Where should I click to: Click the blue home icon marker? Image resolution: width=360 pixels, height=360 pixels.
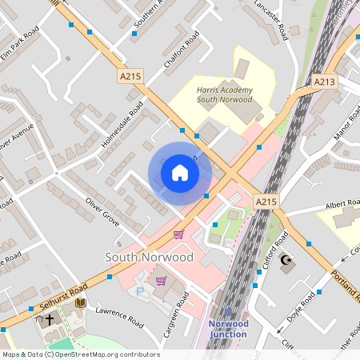click(180, 173)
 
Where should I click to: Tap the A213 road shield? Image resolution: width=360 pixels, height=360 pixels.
click(325, 82)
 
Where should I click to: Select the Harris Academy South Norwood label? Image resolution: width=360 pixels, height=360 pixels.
click(225, 95)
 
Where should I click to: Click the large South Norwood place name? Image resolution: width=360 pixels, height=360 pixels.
click(150, 258)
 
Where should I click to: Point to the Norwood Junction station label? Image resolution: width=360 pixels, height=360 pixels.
click(228, 328)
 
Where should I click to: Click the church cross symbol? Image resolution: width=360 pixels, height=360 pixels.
click(50, 319)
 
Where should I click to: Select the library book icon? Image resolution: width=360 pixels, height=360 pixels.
click(80, 302)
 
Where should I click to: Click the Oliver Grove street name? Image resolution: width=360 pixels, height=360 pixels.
click(102, 209)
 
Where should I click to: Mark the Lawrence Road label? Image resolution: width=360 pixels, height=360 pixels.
click(118, 316)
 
